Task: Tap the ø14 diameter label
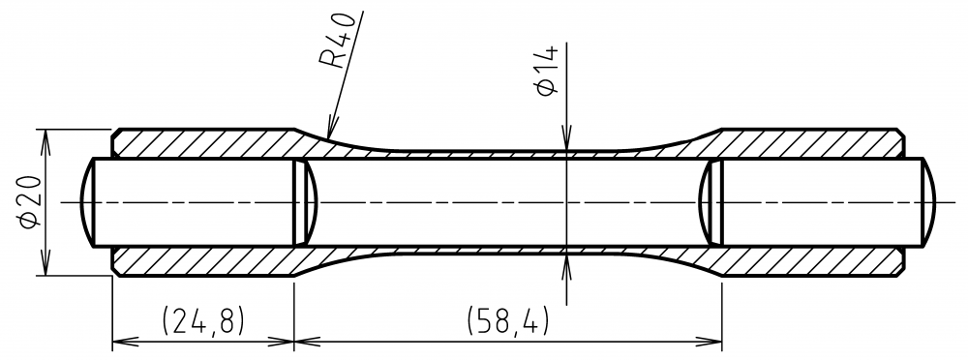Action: click(548, 70)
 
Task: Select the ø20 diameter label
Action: click(30, 202)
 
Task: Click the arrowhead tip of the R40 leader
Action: click(329, 137)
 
